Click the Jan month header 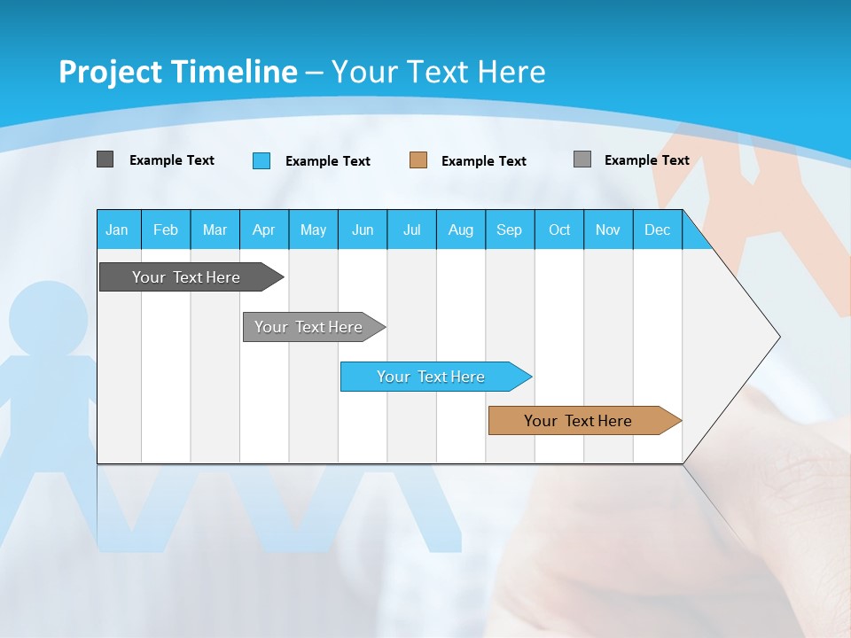[x=117, y=230]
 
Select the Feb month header [x=166, y=230]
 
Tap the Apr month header [x=263, y=230]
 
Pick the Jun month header [x=363, y=230]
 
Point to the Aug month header [x=460, y=230]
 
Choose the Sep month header [x=509, y=230]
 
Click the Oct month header [x=559, y=230]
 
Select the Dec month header [x=657, y=230]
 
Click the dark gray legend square [x=105, y=159]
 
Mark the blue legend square [x=262, y=160]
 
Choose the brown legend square [x=418, y=160]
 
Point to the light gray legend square [x=582, y=159]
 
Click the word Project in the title [x=111, y=72]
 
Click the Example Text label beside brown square [x=483, y=161]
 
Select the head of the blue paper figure [x=48, y=320]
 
